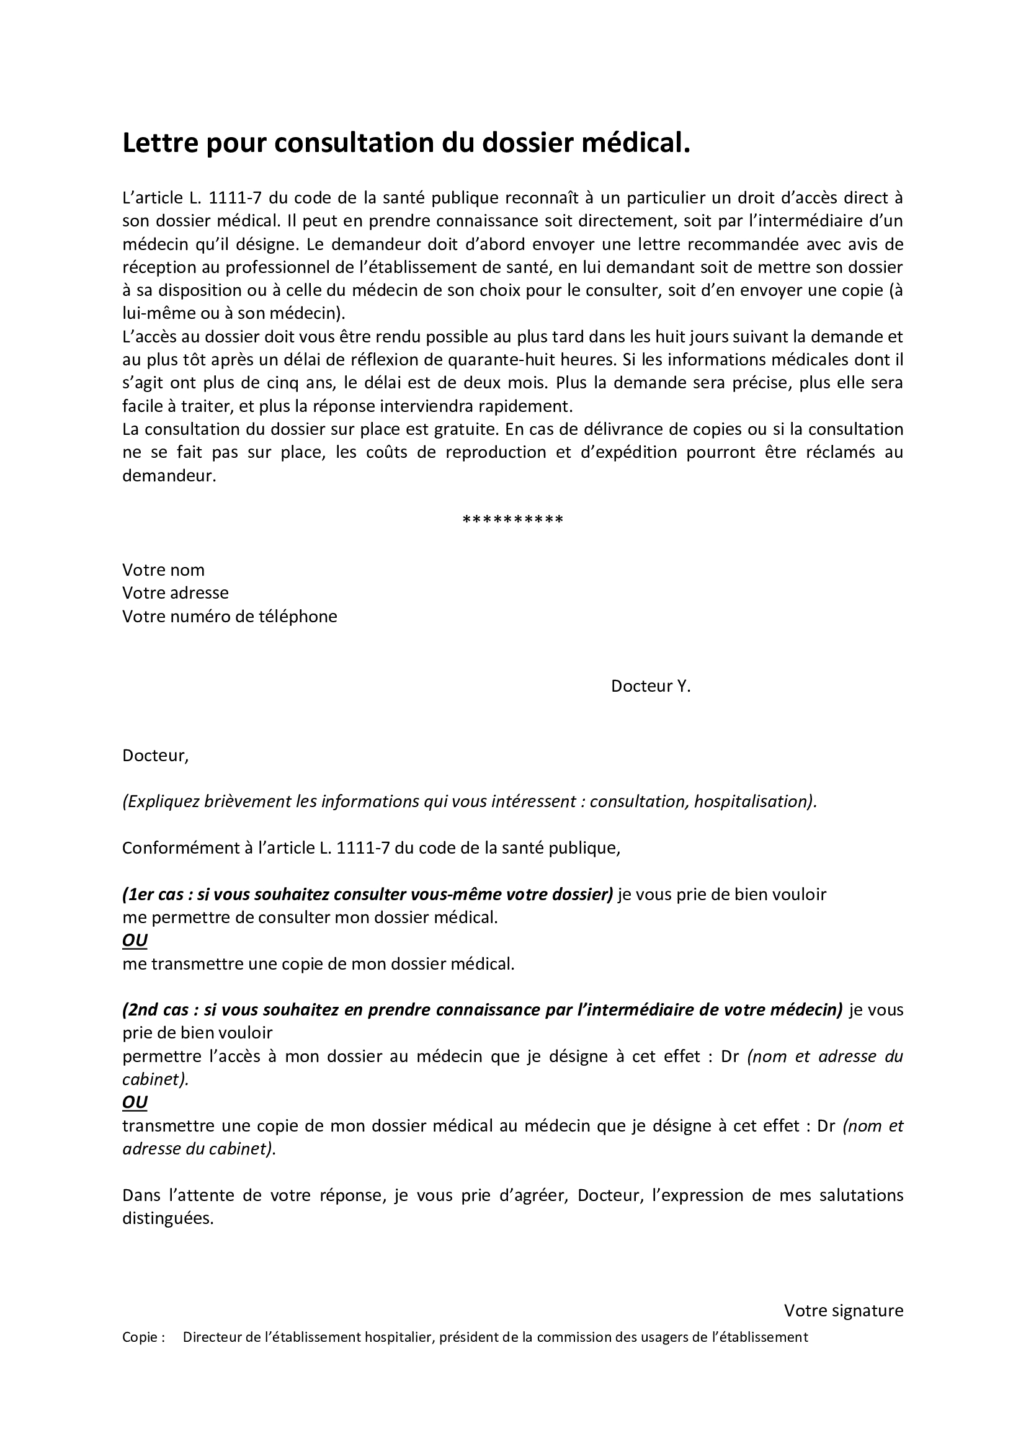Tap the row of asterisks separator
[512, 520]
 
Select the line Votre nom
[163, 570]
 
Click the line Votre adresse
[175, 593]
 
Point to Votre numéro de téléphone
[230, 616]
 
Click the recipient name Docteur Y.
[650, 686]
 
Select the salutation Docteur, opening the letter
[155, 756]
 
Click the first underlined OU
[135, 941]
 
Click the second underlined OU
[135, 1103]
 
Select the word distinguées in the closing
[168, 1218]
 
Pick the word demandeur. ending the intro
[169, 476]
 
